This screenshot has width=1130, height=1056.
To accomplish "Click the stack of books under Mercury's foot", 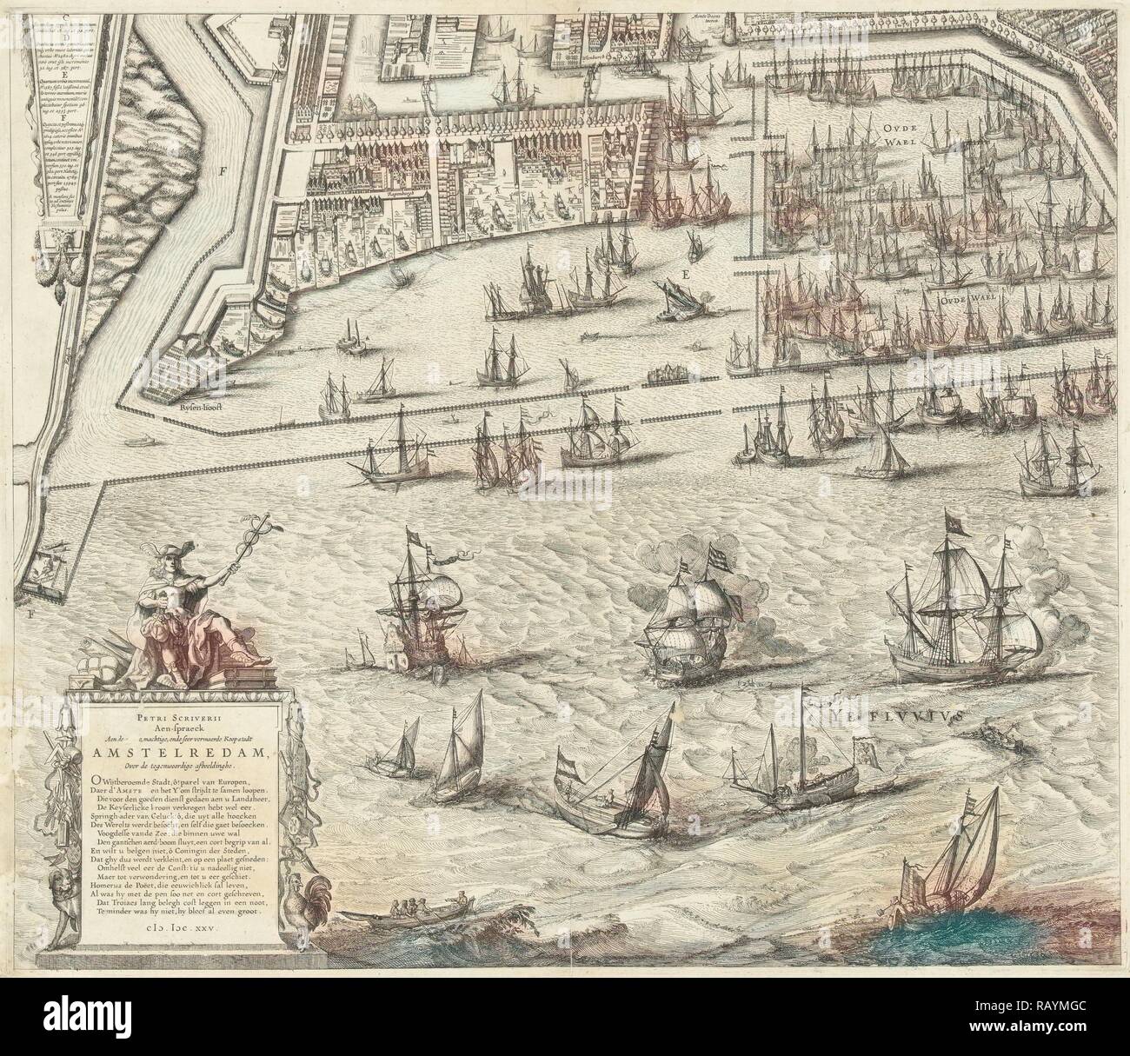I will pos(211,674).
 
